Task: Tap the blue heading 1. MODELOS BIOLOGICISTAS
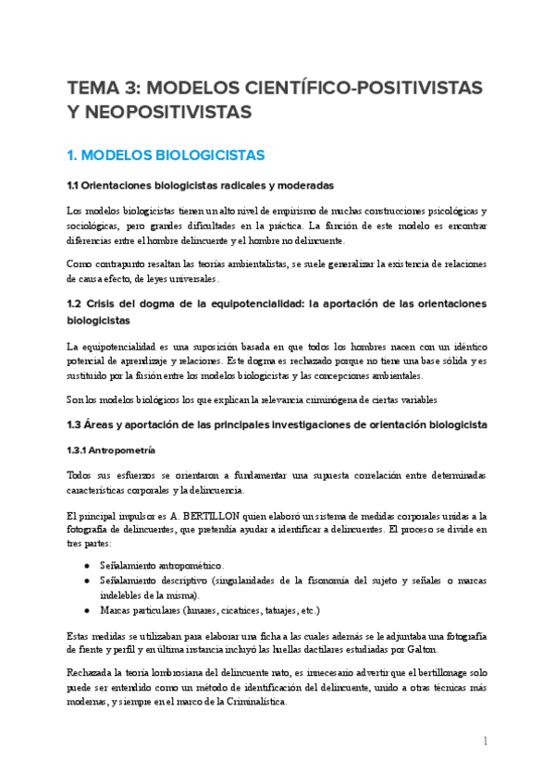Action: [166, 154]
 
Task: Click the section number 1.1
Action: [76, 185]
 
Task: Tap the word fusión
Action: [169, 376]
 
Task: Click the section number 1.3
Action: [77, 424]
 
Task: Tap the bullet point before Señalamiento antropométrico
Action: [87, 565]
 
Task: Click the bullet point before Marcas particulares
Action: [87, 611]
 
